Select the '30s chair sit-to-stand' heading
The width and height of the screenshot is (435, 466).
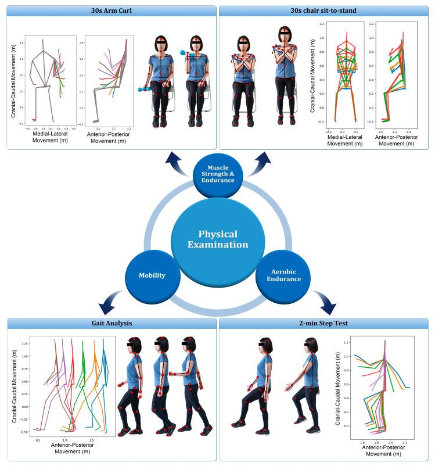323,10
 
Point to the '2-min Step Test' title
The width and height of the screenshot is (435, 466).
323,323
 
